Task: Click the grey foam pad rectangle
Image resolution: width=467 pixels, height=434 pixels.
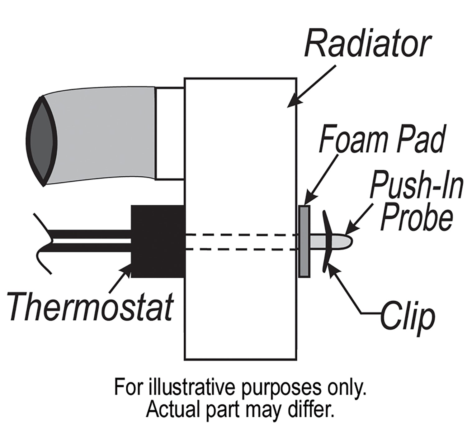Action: coord(304,241)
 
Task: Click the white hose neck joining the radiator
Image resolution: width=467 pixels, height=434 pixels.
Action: coord(170,134)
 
